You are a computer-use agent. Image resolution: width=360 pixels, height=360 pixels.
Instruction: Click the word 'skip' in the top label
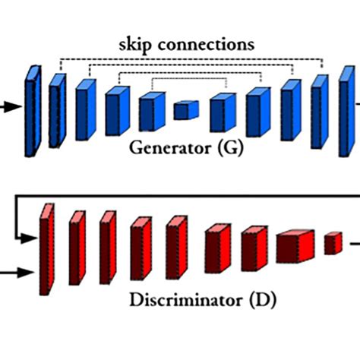(x=135, y=46)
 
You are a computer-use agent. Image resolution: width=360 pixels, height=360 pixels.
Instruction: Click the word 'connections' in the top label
(x=206, y=45)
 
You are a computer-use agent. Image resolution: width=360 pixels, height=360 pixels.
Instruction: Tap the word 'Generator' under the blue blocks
(x=170, y=147)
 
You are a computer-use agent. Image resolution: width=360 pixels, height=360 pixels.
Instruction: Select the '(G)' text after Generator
(x=230, y=148)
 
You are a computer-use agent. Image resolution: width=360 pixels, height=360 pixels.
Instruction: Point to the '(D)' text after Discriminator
(x=263, y=300)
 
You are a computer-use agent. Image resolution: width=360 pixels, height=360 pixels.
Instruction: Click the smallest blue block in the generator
(x=186, y=110)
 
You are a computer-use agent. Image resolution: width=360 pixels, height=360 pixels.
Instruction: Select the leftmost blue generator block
(x=33, y=111)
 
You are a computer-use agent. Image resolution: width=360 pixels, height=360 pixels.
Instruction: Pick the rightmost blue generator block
(x=347, y=112)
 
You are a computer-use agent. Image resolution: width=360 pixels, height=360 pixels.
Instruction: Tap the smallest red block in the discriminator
(x=333, y=243)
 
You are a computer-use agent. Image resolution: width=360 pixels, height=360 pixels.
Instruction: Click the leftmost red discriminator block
(x=47, y=249)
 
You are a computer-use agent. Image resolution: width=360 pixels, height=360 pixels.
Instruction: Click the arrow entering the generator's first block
(x=11, y=106)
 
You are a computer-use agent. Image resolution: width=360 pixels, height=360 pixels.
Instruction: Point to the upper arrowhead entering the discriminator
(x=28, y=238)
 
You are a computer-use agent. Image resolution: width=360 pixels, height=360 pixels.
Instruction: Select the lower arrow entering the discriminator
(x=17, y=273)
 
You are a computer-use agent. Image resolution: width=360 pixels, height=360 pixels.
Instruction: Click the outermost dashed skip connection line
(x=191, y=59)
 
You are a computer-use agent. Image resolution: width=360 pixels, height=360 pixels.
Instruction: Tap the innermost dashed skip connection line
(x=189, y=78)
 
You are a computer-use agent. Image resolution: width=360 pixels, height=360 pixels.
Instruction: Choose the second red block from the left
(x=77, y=248)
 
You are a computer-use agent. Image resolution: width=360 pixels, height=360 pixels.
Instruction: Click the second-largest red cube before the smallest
(x=295, y=246)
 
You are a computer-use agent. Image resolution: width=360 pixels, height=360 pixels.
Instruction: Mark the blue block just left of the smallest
(x=152, y=112)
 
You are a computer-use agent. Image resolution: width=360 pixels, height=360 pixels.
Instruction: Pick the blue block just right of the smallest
(x=223, y=112)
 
